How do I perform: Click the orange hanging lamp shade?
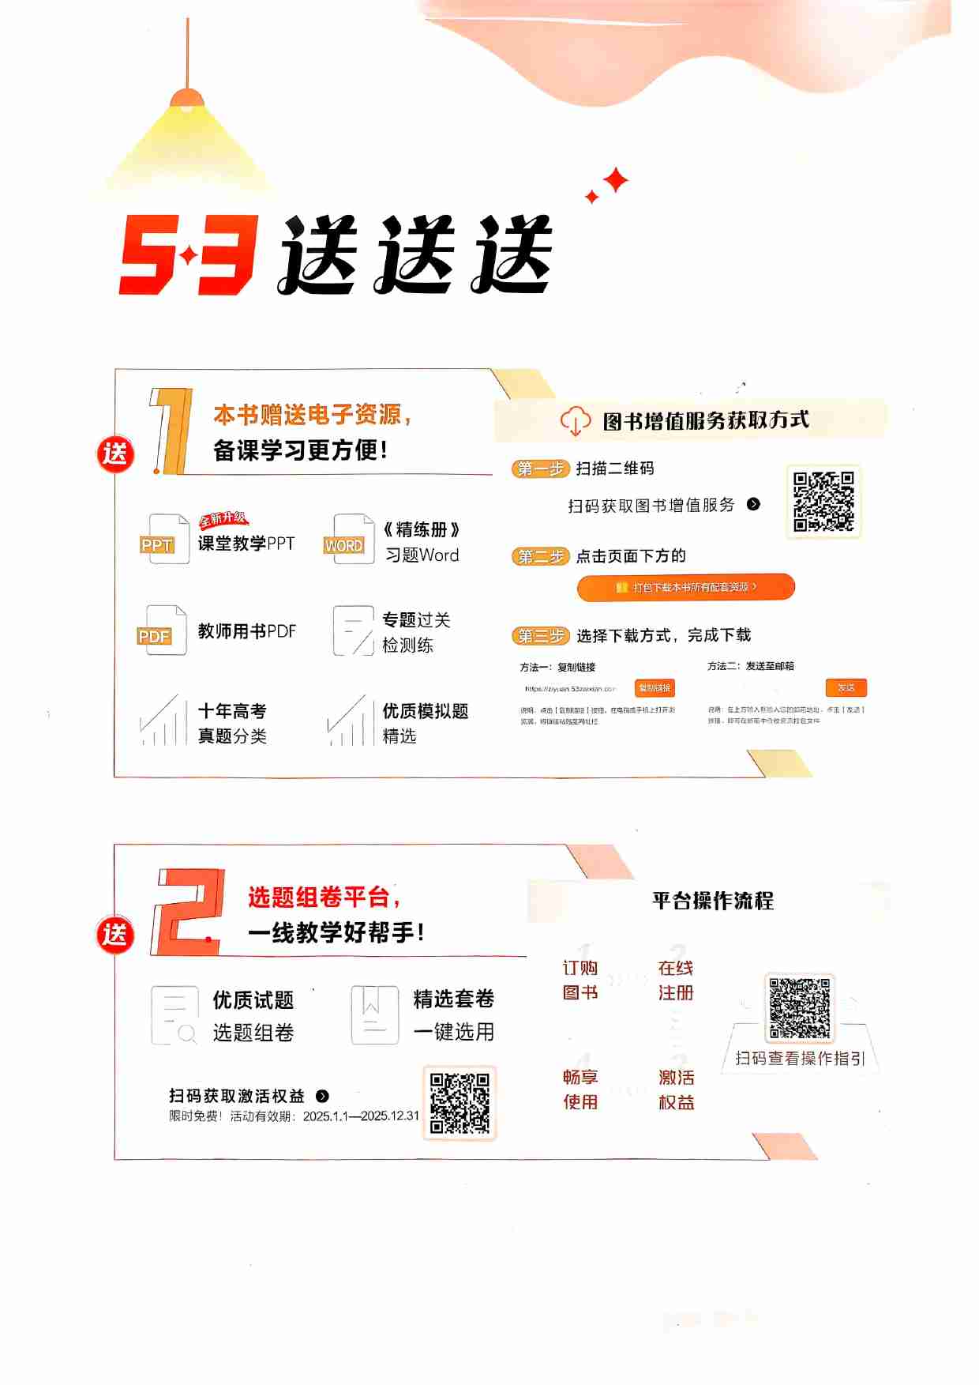(187, 98)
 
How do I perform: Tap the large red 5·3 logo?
(188, 254)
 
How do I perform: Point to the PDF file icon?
(162, 631)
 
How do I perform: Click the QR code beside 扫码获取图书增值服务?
(823, 502)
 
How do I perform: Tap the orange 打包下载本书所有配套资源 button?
(685, 587)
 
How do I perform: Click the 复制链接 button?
(654, 688)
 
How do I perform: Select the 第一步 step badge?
(541, 469)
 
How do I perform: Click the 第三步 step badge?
(541, 635)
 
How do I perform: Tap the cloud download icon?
(575, 420)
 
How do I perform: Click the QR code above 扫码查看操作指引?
(800, 1007)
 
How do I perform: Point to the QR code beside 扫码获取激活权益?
(459, 1102)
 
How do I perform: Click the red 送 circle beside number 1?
(115, 454)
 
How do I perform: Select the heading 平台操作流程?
(713, 901)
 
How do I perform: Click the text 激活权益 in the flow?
(677, 1090)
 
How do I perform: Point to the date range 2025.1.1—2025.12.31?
(361, 1116)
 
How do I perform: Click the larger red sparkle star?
(616, 180)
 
